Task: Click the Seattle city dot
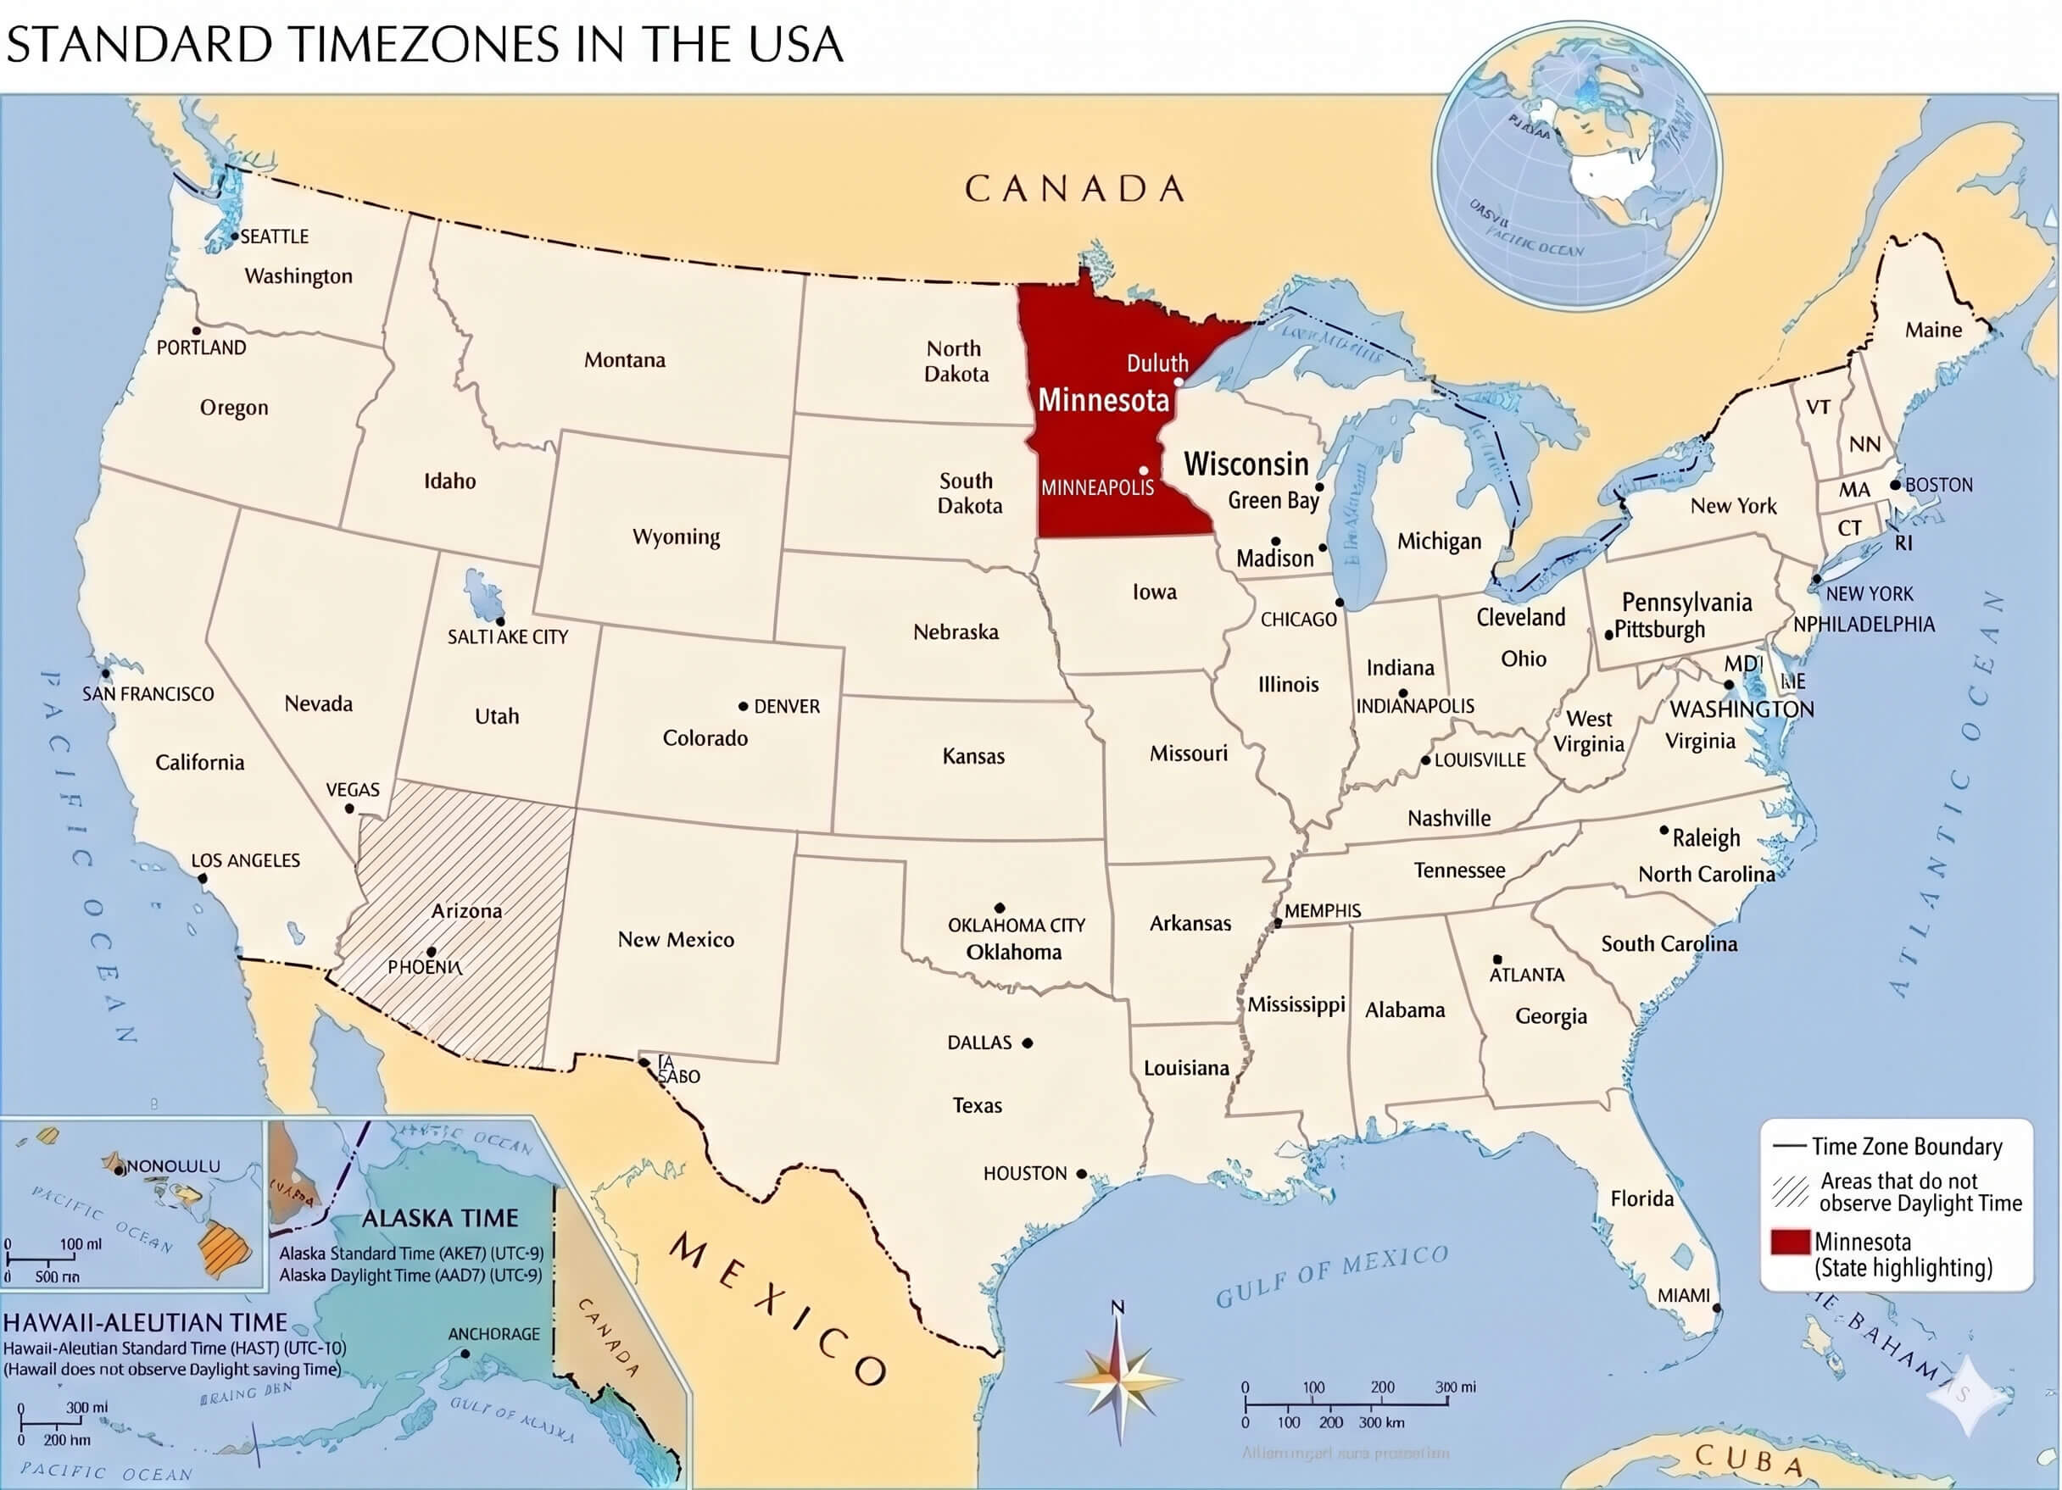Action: pos(234,236)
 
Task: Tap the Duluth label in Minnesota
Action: pos(1156,364)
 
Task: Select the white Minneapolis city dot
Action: pos(1144,471)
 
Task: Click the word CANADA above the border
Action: pos(1074,189)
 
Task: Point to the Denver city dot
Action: pos(743,705)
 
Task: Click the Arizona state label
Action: pos(466,910)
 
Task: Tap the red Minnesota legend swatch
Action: pos(1788,1242)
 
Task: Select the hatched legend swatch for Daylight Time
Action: pos(1790,1192)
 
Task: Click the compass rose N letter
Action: pos(1117,1307)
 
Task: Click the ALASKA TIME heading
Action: pos(440,1218)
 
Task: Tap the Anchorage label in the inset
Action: pos(493,1334)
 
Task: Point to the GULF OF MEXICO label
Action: pos(1332,1276)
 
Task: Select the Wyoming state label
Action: pos(676,537)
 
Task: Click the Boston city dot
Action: pos(1896,485)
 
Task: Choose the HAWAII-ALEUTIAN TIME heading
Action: pos(146,1323)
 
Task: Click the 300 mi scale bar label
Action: pos(1456,1387)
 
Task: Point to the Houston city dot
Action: pos(1081,1174)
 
